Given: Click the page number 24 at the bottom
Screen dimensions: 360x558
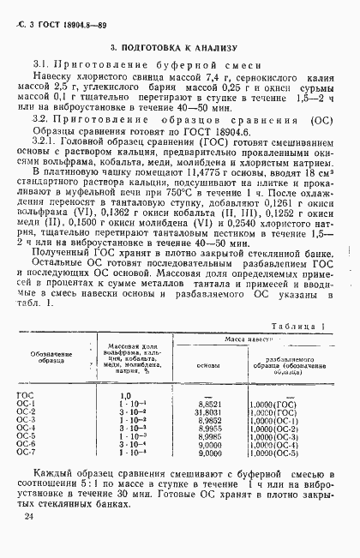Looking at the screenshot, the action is (30, 517).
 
